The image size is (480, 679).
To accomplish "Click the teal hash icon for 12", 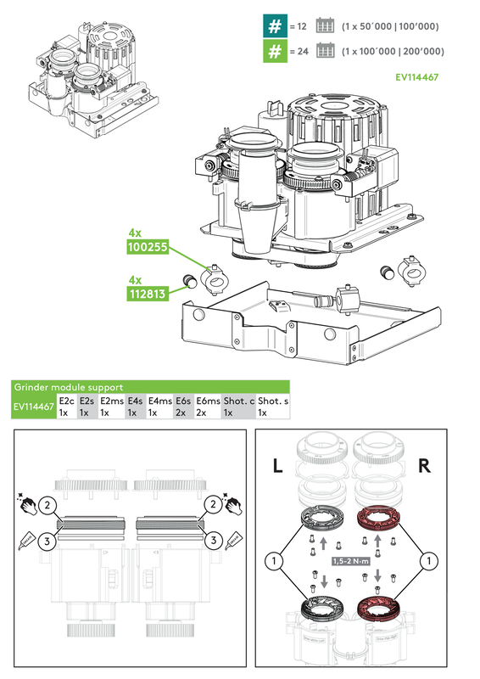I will point(273,26).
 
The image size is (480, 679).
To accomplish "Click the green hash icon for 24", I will point(273,51).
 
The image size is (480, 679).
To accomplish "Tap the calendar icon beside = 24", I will point(323,51).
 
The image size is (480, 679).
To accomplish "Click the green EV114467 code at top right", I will point(416,76).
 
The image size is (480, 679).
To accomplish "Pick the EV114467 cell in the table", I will point(34,407).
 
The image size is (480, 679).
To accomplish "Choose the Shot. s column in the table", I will point(272,407).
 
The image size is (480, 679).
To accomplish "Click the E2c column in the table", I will point(66,407).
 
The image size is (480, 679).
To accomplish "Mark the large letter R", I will point(427,466).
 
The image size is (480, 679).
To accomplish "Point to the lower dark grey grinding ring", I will point(318,609).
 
